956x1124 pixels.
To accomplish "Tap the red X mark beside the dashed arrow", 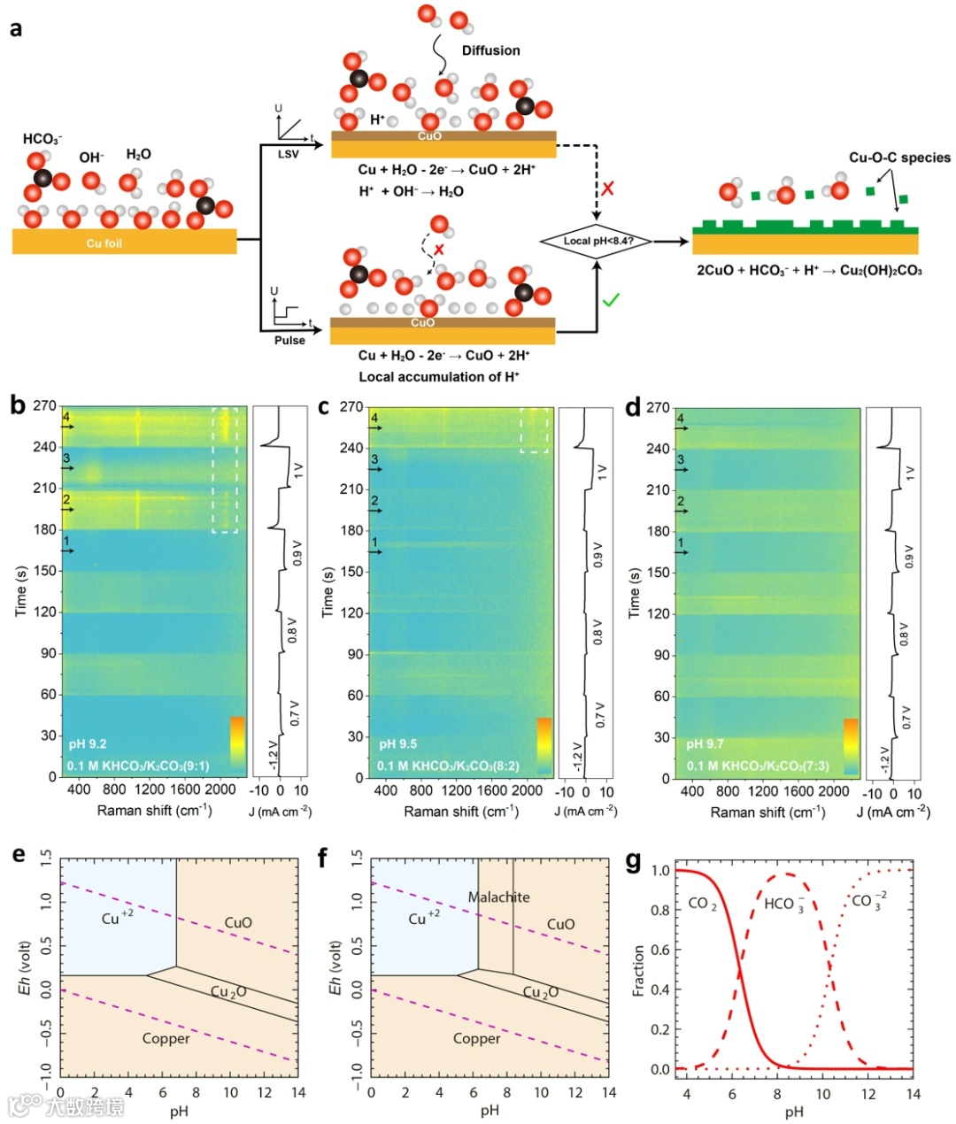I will point(608,189).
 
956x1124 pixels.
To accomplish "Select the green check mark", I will point(611,301).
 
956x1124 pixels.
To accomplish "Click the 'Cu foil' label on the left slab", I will point(104,243).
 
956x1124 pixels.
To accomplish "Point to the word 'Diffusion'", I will point(490,50).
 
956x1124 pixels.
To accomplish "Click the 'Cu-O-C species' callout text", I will point(899,158).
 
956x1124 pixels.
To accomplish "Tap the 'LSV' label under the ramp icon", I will point(289,154).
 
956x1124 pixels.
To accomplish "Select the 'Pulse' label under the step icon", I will point(289,340).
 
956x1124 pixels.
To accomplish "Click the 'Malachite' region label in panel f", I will point(498,897).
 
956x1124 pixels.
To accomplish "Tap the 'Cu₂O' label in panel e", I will point(228,991).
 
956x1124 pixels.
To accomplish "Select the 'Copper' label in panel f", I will point(476,1038).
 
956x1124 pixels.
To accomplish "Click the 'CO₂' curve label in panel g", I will point(703,904).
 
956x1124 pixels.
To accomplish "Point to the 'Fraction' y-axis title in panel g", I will point(638,971).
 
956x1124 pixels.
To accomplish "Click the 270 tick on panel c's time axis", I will point(351,407).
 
